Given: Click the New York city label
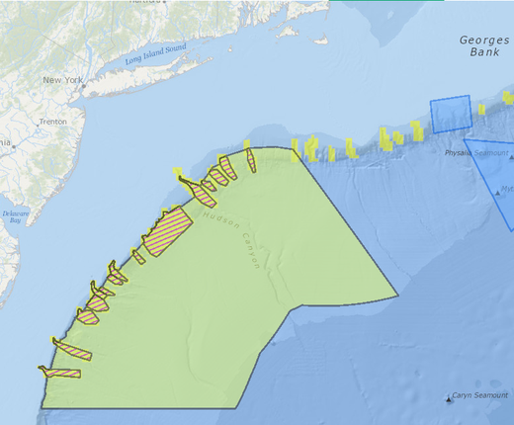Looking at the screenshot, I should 62,79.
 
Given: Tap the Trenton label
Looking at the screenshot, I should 51,122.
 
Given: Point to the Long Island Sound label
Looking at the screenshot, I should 156,56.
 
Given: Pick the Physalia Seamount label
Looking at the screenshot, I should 476,154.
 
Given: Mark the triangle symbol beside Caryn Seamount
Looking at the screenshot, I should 450,398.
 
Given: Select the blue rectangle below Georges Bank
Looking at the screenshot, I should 451,116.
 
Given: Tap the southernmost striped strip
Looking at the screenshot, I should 59,373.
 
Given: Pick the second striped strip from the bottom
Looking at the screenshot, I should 72,350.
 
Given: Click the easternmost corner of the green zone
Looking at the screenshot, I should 397,295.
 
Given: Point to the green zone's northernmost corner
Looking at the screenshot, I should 294,148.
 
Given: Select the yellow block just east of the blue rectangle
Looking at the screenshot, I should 481,109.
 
